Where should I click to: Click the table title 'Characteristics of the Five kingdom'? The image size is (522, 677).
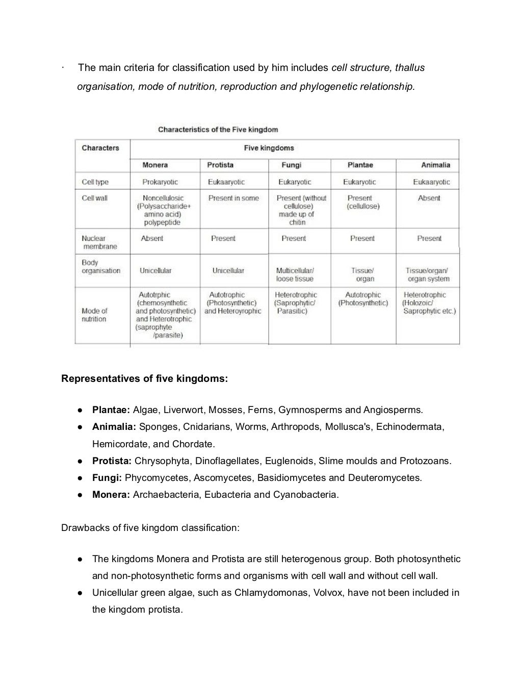coord(218,130)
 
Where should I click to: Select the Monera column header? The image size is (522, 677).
coord(155,165)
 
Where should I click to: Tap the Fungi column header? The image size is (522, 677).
coord(291,165)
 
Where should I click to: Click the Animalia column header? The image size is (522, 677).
coord(435,165)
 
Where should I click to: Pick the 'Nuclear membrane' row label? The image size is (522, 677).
coord(99,243)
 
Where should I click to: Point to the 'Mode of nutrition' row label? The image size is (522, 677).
coord(94,315)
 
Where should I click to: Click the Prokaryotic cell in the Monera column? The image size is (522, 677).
coord(160,182)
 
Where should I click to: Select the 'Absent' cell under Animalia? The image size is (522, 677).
coord(429,198)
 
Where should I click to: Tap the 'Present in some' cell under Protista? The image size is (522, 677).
coord(233,198)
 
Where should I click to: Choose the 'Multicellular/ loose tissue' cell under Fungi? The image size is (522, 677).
coord(295,275)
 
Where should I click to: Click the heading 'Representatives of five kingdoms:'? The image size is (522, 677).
coord(144,379)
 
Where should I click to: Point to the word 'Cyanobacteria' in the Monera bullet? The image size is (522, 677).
coord(305,495)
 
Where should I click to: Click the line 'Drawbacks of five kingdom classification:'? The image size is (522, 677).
coord(150,528)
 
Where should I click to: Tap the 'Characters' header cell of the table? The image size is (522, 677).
coord(100,148)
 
